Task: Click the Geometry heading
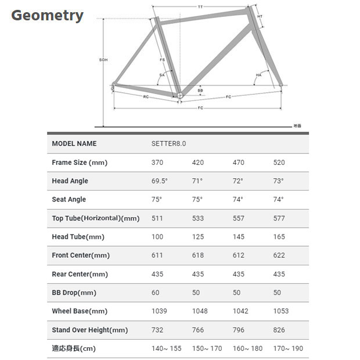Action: pos(48,16)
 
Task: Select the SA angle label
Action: pos(162,75)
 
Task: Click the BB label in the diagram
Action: pos(200,91)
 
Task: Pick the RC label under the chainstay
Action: pos(146,96)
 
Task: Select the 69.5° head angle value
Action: pos(159,181)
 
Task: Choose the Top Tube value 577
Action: pos(279,218)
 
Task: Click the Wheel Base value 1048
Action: pos(200,311)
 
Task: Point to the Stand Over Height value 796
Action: pos(238,329)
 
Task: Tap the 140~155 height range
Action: pos(166,348)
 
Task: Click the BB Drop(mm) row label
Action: pos(74,292)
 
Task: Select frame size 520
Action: pos(279,163)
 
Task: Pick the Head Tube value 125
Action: pos(197,236)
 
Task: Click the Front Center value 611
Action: pos(157,255)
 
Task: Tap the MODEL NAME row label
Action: pos(74,143)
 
